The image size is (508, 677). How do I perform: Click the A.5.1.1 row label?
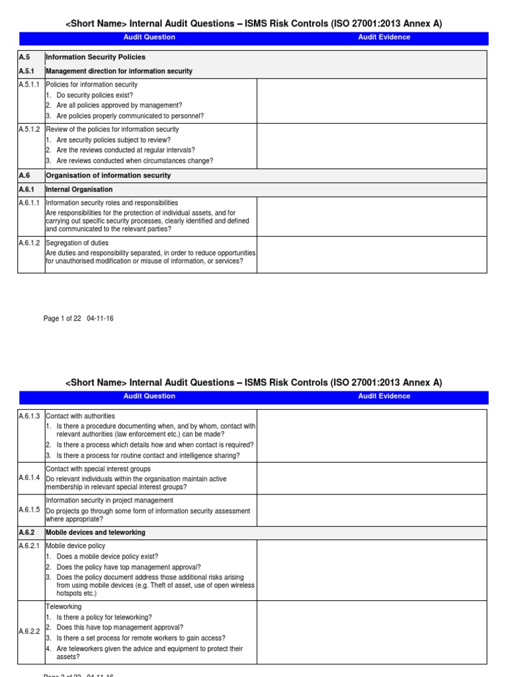(30, 85)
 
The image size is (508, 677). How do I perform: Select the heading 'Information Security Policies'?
(95, 58)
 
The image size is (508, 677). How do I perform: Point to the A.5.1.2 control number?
(30, 130)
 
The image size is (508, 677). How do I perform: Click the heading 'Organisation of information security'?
(108, 176)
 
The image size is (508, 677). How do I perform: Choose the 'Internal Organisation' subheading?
(79, 190)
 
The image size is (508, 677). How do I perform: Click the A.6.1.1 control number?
(30, 203)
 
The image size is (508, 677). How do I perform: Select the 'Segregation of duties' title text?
(77, 243)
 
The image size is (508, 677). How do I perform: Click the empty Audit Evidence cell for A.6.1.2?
(371, 255)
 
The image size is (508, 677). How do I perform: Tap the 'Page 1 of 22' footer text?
(62, 319)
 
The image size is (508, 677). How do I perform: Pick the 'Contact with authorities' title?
(80, 417)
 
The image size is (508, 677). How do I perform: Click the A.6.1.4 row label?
(30, 477)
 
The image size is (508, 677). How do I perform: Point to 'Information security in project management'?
(109, 500)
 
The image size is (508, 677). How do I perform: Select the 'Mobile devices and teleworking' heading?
(95, 533)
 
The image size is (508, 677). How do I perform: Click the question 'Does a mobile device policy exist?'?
(107, 557)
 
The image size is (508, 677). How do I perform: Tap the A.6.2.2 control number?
(30, 632)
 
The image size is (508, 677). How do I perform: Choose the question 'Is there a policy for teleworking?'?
(104, 617)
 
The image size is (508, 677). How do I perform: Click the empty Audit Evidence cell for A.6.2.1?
(371, 571)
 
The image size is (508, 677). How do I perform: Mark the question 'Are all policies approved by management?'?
(119, 106)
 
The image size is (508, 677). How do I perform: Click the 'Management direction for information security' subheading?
(119, 71)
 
